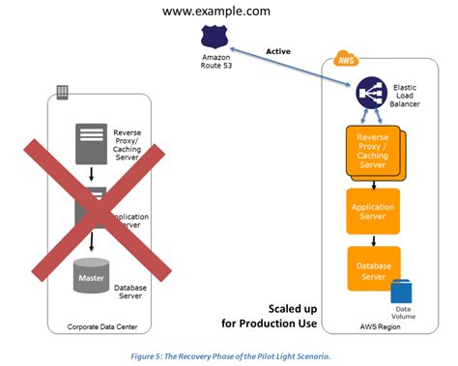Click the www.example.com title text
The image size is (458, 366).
coord(215,12)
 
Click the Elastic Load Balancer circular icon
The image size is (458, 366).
coord(370,93)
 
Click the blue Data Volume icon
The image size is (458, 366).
coord(402,291)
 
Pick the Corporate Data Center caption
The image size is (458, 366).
coord(100,326)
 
